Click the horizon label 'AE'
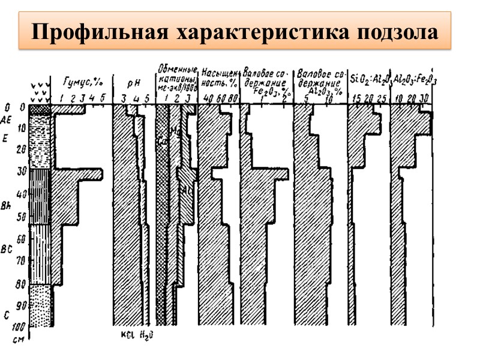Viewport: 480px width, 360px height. click(x=7, y=118)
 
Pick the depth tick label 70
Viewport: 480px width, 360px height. click(x=22, y=260)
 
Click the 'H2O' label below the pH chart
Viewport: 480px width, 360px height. click(x=146, y=335)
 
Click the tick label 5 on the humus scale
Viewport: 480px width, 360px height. click(x=102, y=97)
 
